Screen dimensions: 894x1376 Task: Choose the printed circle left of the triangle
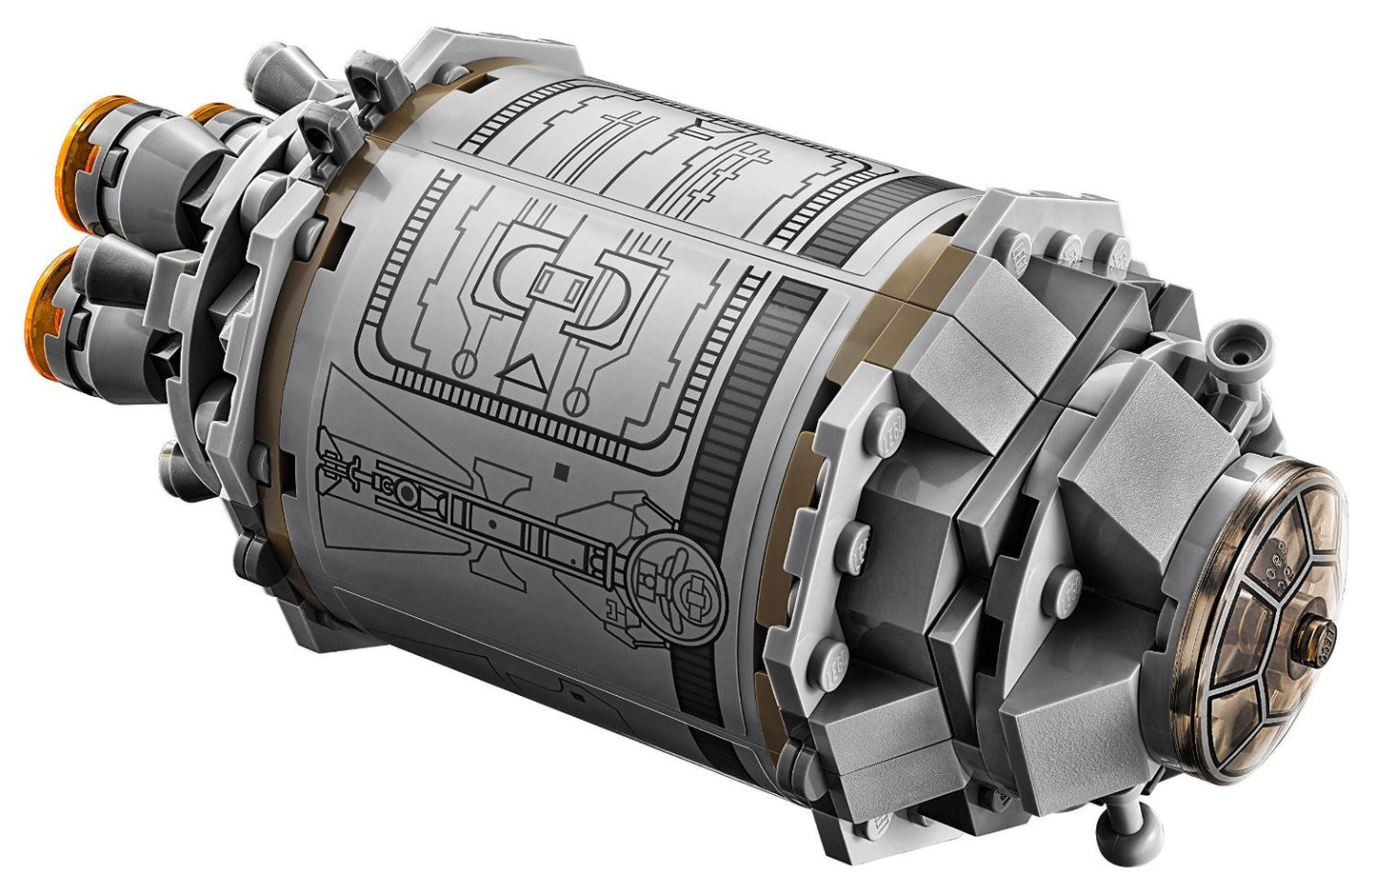(469, 362)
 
